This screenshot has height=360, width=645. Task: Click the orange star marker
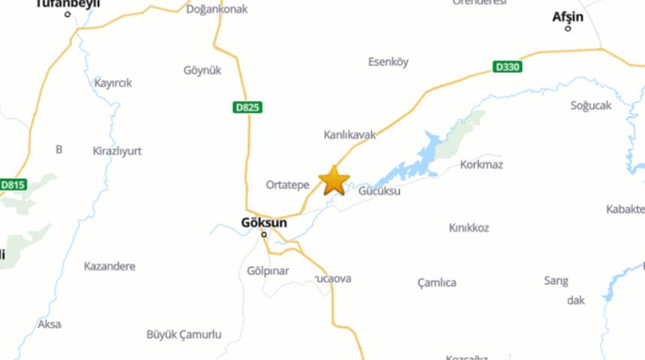pos(334,181)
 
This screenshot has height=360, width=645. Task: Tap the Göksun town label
pos(264,222)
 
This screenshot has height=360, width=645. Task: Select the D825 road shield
pos(247,108)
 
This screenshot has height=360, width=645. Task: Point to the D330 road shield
pos(508,67)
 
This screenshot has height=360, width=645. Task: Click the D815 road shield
pos(13,184)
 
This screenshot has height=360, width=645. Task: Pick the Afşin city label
pos(568,16)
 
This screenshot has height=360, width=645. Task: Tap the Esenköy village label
pos(388,62)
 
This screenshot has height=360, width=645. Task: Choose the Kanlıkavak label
pos(349,135)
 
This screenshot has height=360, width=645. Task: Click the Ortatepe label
pos(287,184)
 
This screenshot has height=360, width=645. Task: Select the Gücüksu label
pos(379,191)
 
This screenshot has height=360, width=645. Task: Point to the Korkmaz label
pos(481,164)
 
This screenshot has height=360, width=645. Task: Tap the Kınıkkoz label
pos(469,227)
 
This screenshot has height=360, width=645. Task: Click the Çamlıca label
pos(436,283)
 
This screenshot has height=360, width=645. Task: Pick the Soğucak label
pos(591,106)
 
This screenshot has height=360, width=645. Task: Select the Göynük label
pos(202,70)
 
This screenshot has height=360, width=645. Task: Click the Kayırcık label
pos(112,83)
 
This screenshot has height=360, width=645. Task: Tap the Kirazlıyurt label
pos(116,151)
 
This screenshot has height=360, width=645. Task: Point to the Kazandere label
pos(109,266)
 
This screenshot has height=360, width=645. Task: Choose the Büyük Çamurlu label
pos(184,334)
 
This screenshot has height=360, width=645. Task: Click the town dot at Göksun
pos(264,235)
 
